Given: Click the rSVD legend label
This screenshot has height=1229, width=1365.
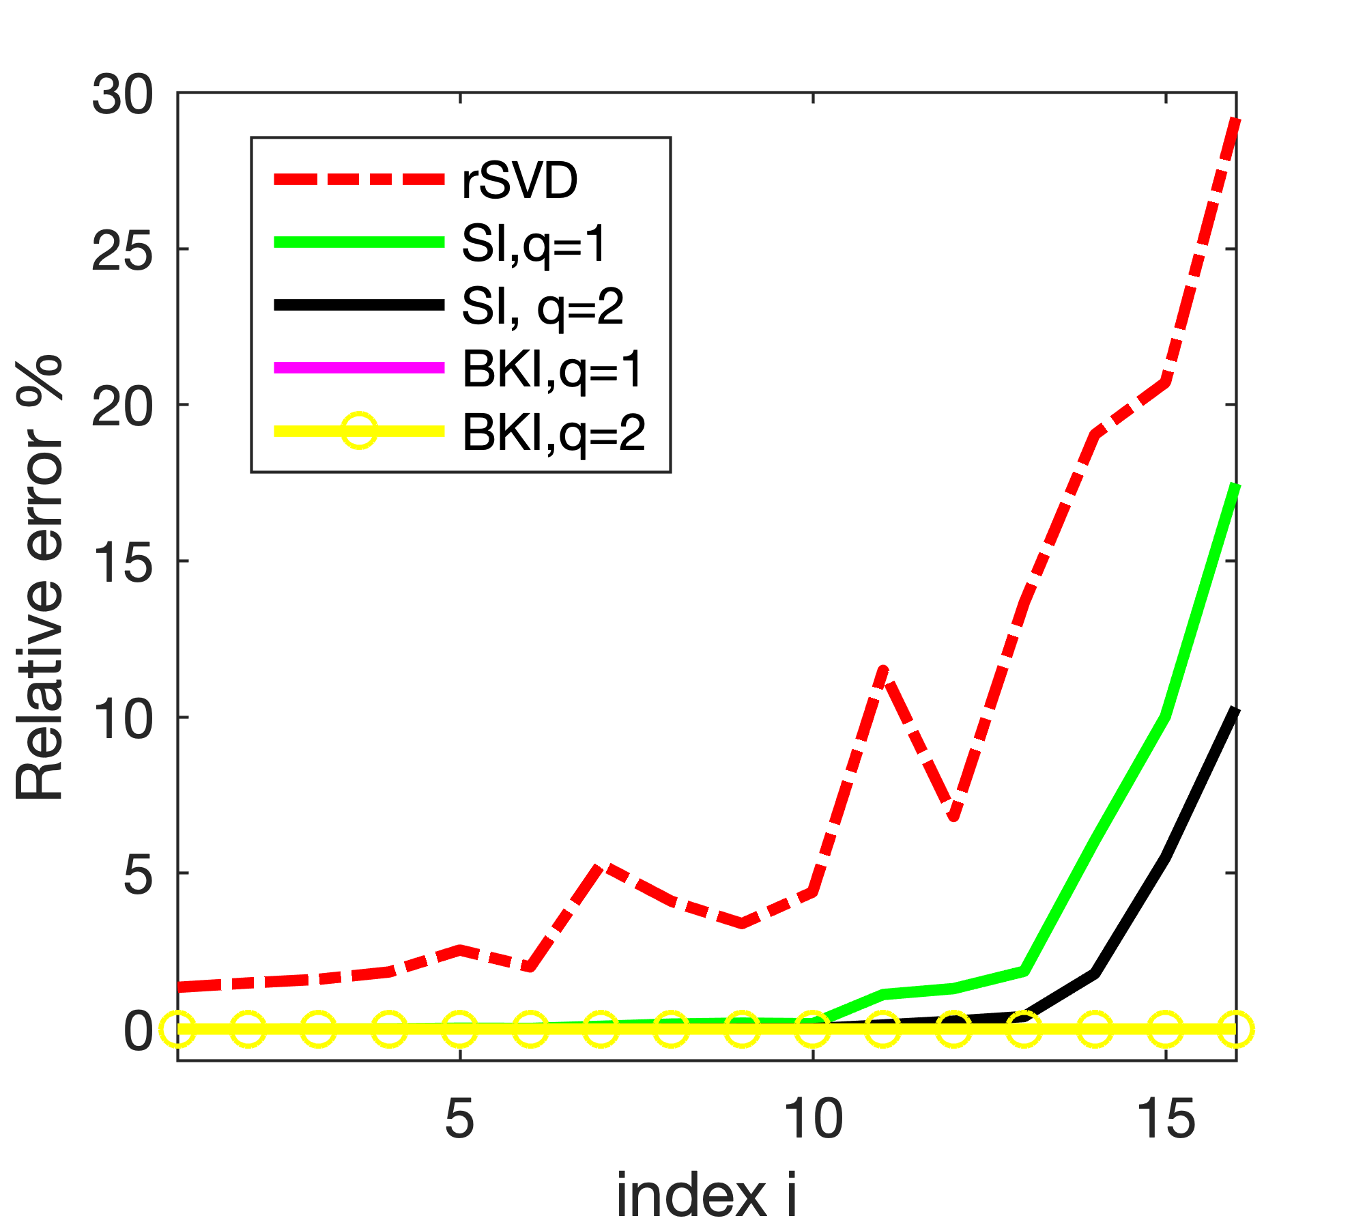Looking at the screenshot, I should [x=520, y=181].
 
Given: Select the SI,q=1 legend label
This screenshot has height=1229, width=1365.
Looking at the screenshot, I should [x=534, y=244].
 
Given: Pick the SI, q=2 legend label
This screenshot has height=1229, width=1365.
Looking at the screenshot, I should [x=543, y=307].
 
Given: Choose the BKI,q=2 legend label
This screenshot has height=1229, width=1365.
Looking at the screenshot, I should [x=554, y=432].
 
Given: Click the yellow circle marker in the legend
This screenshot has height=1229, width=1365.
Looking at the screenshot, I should [x=358, y=431].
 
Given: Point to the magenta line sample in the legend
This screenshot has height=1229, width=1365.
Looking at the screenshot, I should [x=359, y=368].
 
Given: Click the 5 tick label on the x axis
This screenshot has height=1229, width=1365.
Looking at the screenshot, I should [x=459, y=1119].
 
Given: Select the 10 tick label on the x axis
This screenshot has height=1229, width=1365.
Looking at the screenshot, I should [x=812, y=1119].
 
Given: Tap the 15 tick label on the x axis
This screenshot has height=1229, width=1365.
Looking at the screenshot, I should [x=1166, y=1119].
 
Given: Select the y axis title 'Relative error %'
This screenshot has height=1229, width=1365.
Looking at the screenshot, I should [x=40, y=577].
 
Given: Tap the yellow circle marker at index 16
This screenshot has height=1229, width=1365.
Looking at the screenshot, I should [x=1235, y=1029].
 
